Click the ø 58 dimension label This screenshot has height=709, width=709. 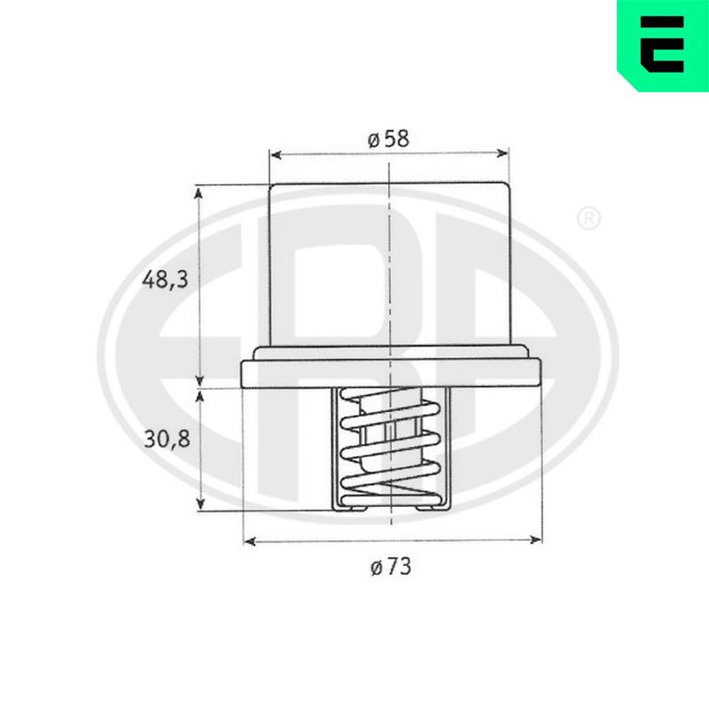pos(388,139)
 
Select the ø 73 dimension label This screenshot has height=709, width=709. pos(391,566)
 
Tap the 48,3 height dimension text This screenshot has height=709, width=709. pos(165,280)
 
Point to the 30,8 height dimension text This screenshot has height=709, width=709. pos(167,439)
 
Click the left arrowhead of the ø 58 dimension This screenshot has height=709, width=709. pos(276,155)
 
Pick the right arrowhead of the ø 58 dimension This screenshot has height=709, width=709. pos(502,153)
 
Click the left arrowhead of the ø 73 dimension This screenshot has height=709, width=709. pos(250,541)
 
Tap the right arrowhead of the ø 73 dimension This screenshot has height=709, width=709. pos(535,539)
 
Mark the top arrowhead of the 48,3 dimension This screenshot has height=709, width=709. pos(198,193)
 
